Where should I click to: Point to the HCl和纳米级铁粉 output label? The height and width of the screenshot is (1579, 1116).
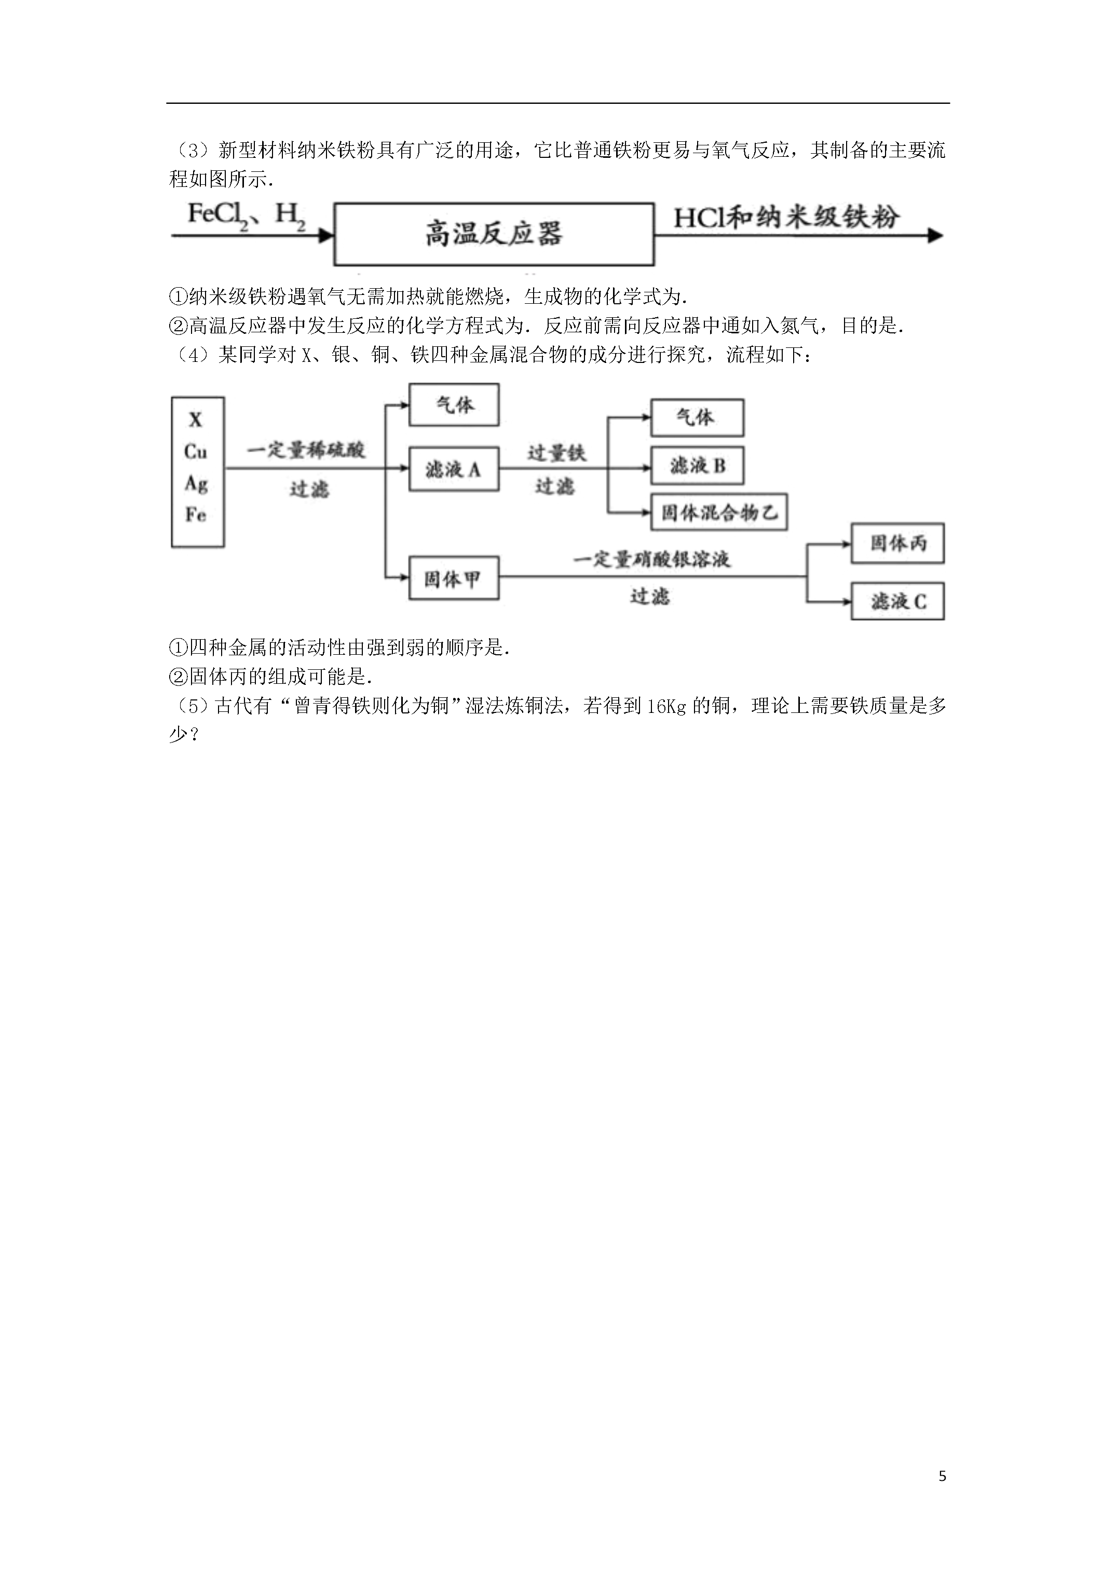click(x=786, y=218)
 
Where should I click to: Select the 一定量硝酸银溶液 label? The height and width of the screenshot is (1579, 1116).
click(x=651, y=559)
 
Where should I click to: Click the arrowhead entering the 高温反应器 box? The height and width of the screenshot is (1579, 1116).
click(x=326, y=236)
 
